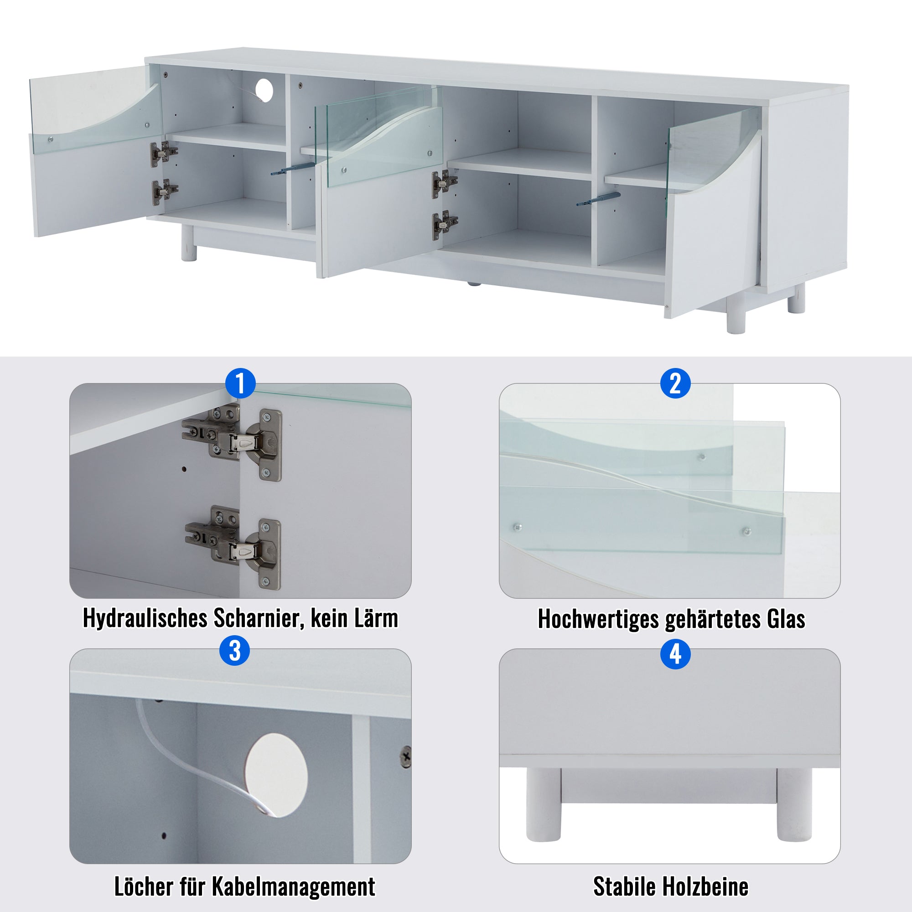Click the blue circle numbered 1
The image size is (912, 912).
point(240,383)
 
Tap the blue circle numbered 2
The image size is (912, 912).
point(675,383)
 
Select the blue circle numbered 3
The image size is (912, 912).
point(234,651)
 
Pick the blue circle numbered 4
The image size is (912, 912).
point(675,654)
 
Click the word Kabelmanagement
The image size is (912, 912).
point(293,886)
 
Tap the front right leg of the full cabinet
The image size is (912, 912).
point(736,317)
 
